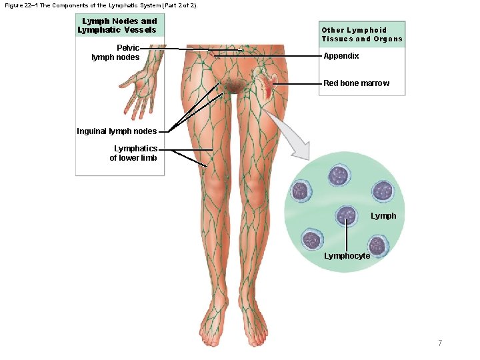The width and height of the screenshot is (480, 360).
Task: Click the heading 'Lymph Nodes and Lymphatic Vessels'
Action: tap(117, 25)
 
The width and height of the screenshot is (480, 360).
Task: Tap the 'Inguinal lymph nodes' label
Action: tap(117, 131)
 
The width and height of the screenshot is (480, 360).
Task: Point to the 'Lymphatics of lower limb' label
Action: tap(135, 153)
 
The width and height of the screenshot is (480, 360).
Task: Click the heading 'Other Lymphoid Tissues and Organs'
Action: tap(362, 35)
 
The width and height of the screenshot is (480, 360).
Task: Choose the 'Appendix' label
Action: tap(341, 56)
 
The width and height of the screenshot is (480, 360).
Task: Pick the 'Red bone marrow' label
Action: tap(356, 83)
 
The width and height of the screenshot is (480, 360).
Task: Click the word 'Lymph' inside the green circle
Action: tap(383, 216)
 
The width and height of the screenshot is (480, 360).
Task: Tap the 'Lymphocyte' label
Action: tap(347, 256)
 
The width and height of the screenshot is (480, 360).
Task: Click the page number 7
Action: tap(440, 343)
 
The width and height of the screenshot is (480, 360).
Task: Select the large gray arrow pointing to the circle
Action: tap(287, 137)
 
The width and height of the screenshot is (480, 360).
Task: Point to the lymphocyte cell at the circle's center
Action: tap(347, 215)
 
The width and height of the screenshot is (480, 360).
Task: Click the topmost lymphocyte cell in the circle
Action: tap(339, 176)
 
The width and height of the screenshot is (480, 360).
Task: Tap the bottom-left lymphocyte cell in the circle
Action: tap(312, 239)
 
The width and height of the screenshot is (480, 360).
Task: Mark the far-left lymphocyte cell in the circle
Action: tap(300, 191)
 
